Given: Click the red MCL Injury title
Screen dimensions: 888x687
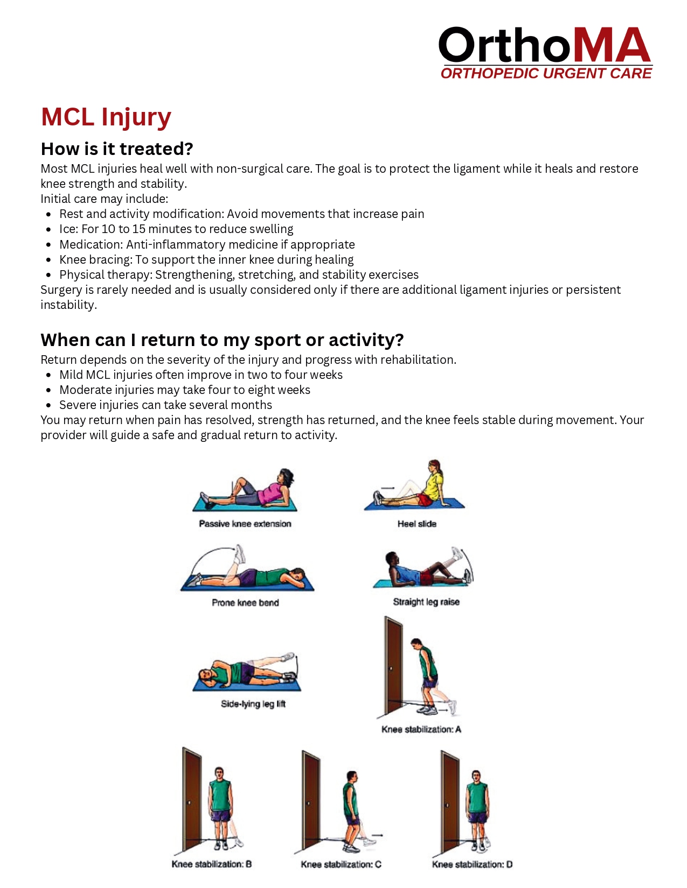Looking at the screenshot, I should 106,117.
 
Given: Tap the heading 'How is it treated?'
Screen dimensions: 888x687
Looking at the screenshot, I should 117,149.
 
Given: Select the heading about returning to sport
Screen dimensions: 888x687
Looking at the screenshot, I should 222,340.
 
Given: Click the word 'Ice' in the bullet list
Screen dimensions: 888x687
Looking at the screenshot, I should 68,229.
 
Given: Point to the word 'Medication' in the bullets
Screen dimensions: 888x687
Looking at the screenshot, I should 90,244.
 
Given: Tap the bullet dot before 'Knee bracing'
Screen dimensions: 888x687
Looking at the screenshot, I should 49,260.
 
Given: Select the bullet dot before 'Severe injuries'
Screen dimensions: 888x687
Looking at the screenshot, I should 49,405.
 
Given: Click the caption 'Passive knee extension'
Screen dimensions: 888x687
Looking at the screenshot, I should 245,524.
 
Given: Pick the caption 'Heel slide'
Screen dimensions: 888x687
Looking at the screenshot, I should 417,524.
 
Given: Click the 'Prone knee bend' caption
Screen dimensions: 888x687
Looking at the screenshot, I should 245,603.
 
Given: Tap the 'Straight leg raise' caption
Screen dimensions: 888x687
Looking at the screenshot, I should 426,602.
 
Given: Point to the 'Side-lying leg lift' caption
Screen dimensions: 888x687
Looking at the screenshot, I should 253,704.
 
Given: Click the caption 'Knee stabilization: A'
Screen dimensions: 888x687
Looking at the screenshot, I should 421,729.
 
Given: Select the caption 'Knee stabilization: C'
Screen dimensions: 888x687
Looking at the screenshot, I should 341,864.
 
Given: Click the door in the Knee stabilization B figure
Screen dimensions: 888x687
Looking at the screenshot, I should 192,797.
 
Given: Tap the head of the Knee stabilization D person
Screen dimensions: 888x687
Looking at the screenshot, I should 476,777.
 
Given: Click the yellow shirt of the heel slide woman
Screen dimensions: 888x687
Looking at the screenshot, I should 432,487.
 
